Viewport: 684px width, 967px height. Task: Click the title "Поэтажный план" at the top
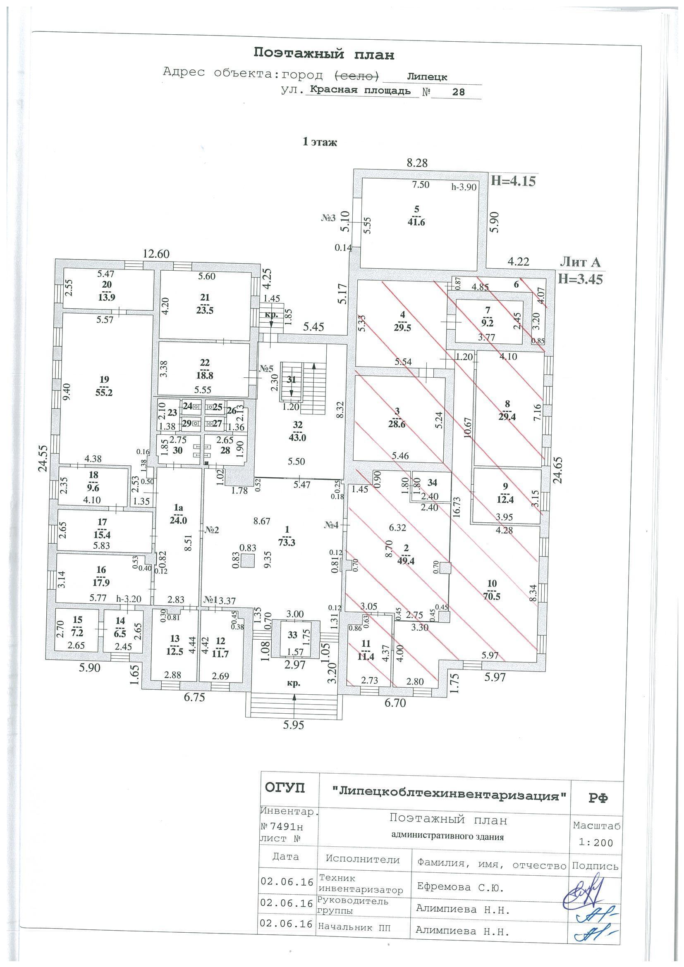324,54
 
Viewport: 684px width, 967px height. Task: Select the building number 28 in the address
458,91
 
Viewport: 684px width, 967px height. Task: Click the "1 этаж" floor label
320,142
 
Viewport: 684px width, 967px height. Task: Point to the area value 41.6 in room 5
416,222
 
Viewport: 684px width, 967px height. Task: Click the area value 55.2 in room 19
104,393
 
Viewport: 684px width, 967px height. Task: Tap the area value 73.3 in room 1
287,543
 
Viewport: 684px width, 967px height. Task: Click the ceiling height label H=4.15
513,181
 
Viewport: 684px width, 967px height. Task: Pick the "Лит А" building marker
580,262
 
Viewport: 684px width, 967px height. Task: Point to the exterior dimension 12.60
156,254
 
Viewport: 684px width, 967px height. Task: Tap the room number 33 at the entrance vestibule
292,635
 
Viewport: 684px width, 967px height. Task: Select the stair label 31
292,379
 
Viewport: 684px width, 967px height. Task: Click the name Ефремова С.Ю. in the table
460,887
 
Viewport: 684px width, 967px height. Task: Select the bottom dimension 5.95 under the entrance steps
294,725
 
